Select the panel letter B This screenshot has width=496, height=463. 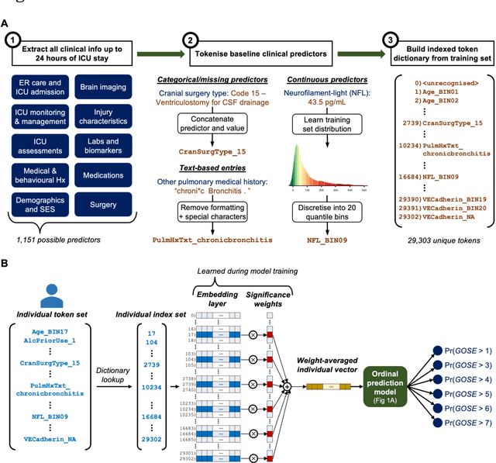click(x=6, y=264)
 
